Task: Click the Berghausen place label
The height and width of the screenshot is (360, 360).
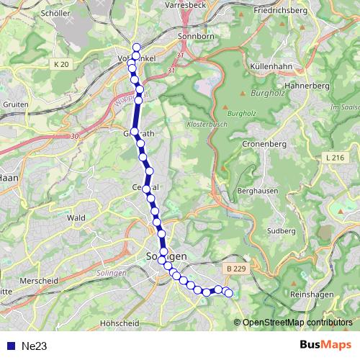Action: (258, 191)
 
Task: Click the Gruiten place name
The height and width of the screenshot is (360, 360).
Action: (15, 104)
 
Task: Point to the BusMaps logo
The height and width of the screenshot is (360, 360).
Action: (326, 346)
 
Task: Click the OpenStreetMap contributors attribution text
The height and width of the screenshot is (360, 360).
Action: (297, 323)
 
